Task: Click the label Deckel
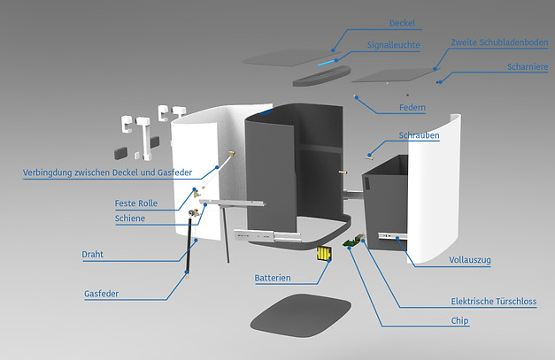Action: [402, 23]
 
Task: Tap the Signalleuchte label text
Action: [393, 44]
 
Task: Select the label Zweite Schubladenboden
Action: [498, 42]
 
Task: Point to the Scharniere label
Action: [528, 65]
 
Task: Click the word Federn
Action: [412, 108]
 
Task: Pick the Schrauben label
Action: [419, 135]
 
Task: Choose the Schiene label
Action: [130, 218]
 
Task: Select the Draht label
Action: [93, 254]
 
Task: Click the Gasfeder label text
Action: [102, 293]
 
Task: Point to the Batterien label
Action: [273, 278]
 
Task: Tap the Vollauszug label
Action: [470, 260]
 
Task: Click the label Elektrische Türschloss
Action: [493, 302]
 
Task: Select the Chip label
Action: [459, 321]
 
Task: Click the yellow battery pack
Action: [325, 256]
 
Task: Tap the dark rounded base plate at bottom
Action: [292, 314]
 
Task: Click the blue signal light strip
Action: [328, 64]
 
